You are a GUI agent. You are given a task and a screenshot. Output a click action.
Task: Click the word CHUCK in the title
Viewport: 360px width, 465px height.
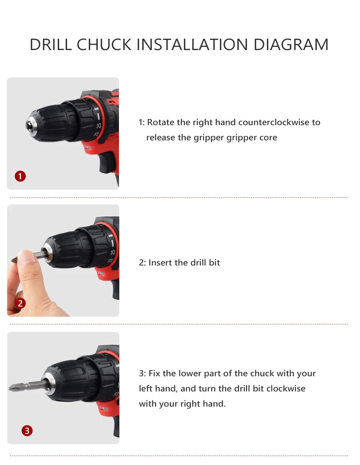(104, 44)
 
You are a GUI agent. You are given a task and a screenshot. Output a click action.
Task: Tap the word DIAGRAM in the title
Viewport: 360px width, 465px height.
(291, 44)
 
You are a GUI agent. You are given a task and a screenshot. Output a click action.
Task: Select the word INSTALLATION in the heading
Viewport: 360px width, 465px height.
(192, 44)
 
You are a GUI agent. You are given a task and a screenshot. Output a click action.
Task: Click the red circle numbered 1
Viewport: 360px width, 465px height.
(20, 176)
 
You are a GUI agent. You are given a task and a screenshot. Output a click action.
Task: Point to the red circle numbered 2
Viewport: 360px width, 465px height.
(20, 303)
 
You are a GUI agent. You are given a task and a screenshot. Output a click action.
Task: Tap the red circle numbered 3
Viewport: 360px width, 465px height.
(27, 430)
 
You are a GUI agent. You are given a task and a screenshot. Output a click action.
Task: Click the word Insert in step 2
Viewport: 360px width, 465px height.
(160, 262)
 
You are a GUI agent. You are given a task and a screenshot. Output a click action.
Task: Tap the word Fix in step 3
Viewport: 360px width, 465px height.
(154, 373)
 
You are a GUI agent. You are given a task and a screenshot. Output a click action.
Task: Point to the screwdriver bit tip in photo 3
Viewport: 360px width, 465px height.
(9, 388)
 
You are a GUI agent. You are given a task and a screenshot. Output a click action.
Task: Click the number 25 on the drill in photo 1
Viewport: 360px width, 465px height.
(99, 126)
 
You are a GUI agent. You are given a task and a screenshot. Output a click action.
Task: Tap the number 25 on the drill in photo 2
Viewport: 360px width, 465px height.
(113, 252)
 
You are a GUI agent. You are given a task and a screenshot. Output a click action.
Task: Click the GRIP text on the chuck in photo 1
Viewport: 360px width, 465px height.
(38, 120)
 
